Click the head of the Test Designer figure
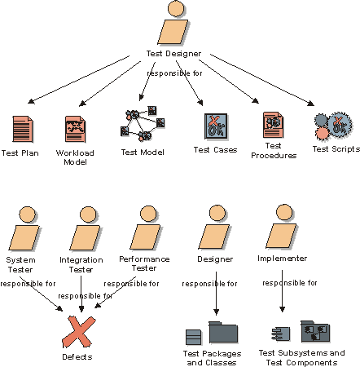click(176, 8)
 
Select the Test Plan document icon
click(23, 129)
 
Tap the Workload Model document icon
click(75, 129)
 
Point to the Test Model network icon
click(143, 124)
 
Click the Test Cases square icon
click(216, 126)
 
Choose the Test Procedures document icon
click(273, 125)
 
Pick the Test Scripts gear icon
click(333, 126)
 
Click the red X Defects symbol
click(78, 332)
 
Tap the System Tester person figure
click(24, 228)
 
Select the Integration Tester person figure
click(85, 228)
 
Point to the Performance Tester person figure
click(145, 228)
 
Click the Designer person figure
click(214, 227)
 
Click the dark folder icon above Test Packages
click(223, 332)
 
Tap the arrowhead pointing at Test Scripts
click(311, 104)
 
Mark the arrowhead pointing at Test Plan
click(31, 101)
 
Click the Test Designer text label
click(173, 54)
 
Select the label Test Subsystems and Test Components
click(301, 357)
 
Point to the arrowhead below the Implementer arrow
click(282, 309)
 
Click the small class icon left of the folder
click(194, 337)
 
